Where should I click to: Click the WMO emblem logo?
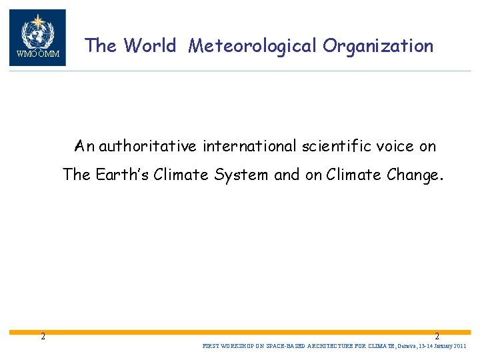[x=37, y=37]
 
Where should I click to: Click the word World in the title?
[x=150, y=46]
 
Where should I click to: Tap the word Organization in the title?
[x=378, y=46]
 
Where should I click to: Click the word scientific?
[x=333, y=145]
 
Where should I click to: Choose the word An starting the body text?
[x=85, y=145]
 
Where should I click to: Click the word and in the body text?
[x=287, y=175]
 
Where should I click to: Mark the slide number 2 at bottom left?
[x=43, y=336]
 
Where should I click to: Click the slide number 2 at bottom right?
[x=437, y=337]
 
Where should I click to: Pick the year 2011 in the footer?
[x=461, y=347]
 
